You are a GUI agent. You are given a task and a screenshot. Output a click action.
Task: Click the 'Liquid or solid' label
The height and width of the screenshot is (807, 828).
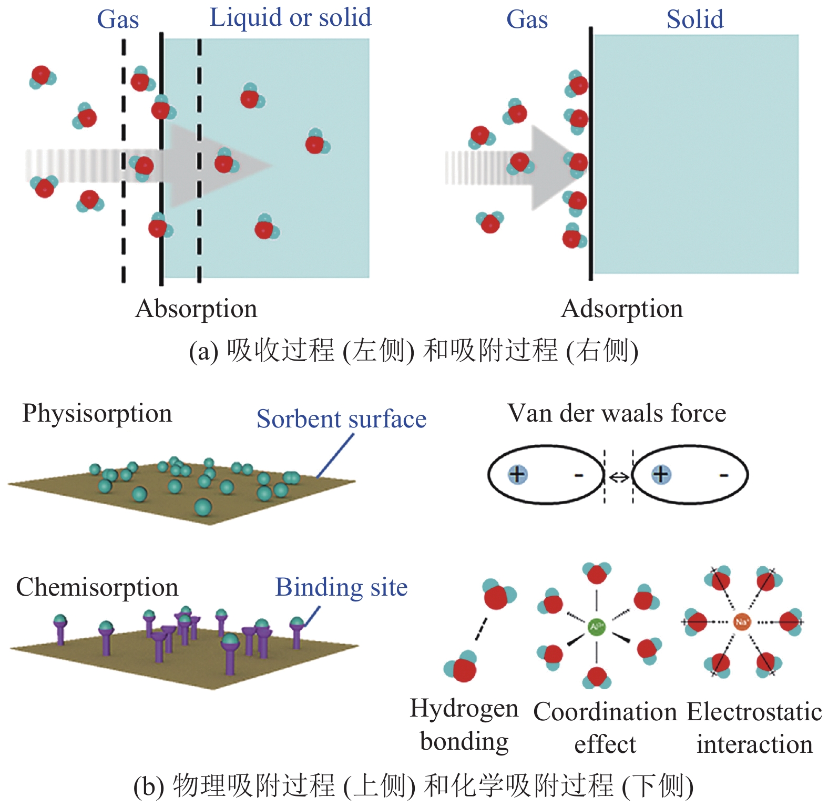click(290, 17)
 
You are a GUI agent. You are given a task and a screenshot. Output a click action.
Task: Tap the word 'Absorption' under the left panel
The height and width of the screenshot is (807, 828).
click(196, 309)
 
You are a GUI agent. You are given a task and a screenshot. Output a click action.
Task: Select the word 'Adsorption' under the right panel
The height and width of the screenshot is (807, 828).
click(622, 309)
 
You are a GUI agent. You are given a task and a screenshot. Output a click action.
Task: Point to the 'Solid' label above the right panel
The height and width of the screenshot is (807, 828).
click(694, 19)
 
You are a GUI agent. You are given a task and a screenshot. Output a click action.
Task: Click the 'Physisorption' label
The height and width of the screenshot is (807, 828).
click(97, 414)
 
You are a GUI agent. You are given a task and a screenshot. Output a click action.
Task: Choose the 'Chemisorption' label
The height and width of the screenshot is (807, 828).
click(97, 587)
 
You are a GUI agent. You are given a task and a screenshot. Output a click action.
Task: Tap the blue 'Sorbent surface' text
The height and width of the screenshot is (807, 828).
click(341, 419)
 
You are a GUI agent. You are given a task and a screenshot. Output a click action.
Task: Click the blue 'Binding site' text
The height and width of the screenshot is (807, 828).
click(341, 587)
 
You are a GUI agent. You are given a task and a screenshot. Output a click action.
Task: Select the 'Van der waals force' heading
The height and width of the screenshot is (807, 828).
click(617, 413)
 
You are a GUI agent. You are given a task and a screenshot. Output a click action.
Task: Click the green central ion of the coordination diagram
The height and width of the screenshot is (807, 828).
click(596, 626)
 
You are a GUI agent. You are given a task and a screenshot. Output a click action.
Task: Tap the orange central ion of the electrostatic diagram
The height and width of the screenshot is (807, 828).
click(741, 622)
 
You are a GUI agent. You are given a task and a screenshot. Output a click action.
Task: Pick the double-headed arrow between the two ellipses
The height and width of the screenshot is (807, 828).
click(619, 477)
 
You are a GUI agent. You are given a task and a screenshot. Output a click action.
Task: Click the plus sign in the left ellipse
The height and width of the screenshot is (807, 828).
click(517, 474)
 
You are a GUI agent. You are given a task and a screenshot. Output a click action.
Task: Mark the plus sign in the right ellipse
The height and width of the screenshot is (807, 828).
click(661, 474)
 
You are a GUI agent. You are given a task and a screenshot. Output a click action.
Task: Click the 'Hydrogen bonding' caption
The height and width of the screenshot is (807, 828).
click(464, 724)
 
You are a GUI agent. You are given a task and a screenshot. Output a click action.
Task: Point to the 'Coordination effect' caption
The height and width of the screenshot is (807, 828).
click(605, 728)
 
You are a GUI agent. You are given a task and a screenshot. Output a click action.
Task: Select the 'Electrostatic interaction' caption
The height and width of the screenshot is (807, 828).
click(754, 728)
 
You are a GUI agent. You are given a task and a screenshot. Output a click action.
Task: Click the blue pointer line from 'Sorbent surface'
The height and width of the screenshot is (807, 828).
click(335, 456)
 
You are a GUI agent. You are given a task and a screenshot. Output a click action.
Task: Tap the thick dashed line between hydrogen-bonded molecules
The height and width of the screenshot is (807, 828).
click(481, 629)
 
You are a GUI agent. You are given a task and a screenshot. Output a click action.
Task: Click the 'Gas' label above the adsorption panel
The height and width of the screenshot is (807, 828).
click(527, 19)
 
